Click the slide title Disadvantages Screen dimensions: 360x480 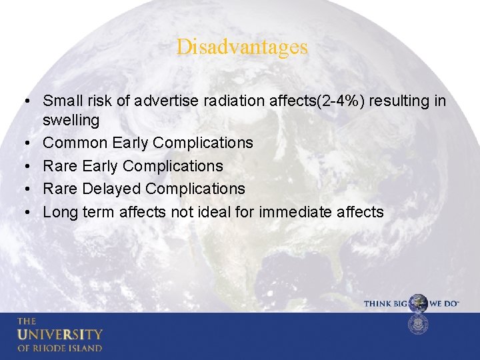point(242,47)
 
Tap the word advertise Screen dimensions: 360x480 point(163,101)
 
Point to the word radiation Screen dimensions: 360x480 point(225,101)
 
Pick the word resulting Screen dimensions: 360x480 point(400,101)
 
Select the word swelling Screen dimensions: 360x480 point(71,121)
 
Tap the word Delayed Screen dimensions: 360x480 point(111,189)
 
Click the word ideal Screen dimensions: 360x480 point(237,212)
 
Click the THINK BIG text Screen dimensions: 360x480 point(385,304)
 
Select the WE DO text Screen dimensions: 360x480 point(443,304)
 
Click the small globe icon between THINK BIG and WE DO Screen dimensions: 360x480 point(418,303)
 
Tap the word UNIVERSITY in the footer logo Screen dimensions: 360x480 point(60,334)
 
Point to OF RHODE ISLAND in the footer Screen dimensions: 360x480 point(60,348)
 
